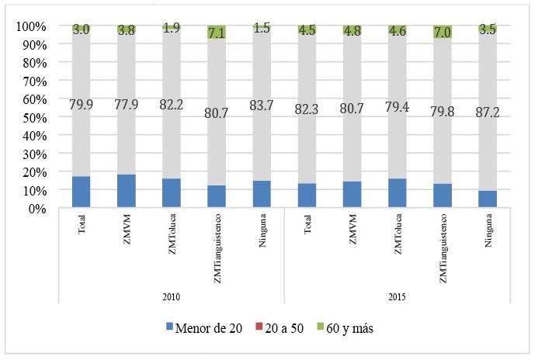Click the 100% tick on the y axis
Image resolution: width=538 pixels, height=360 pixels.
coord(30,26)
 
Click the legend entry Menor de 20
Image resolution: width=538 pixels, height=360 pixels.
coord(203,328)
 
